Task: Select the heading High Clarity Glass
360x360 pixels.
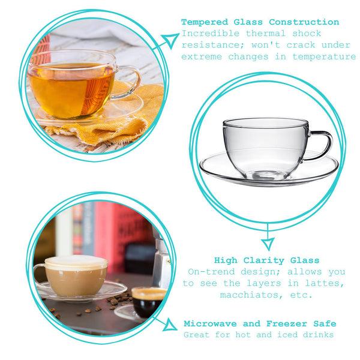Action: point(267,260)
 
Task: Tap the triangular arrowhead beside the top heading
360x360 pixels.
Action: point(170,40)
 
